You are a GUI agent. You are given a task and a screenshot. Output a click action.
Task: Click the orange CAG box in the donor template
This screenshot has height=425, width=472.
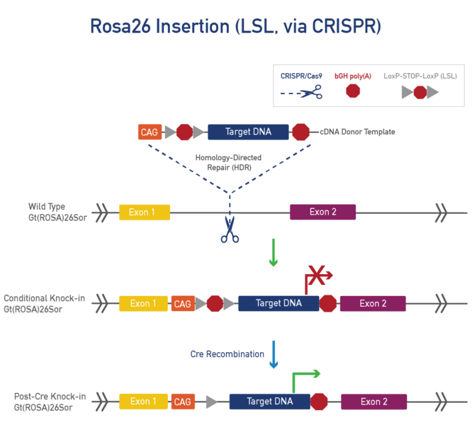point(150,132)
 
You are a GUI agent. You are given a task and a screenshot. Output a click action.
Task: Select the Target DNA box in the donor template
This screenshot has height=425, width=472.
point(248,132)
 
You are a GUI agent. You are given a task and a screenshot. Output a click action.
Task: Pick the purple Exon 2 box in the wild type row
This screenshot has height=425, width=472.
point(322,212)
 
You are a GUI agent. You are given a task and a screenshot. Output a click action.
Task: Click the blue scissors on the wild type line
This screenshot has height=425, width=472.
point(230,229)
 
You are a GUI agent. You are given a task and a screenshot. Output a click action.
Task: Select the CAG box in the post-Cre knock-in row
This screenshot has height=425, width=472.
point(183,402)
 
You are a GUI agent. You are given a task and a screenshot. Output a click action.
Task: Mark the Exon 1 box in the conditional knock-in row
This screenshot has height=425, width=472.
point(143,304)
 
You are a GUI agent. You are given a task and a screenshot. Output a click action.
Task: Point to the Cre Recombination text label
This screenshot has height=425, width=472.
point(227,353)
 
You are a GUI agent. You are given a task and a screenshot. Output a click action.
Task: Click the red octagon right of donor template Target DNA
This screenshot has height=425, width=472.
point(300,132)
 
